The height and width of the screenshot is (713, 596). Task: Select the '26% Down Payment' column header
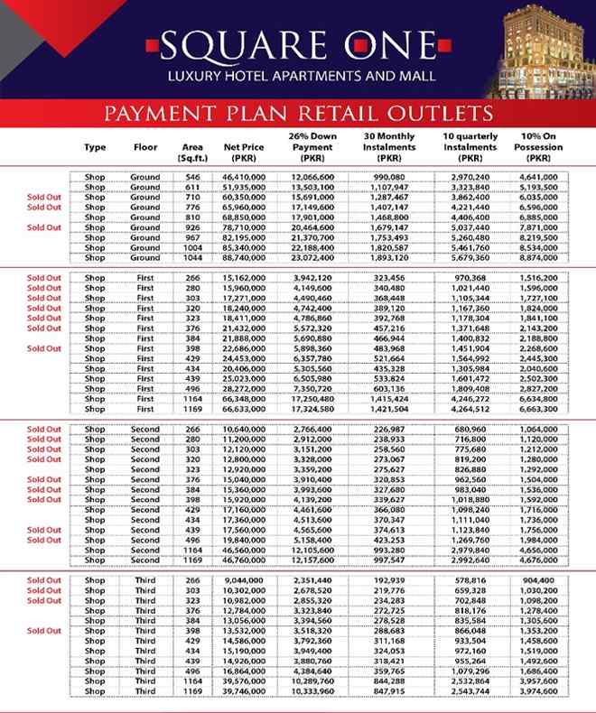312,146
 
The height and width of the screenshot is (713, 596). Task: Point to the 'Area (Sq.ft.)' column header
192,152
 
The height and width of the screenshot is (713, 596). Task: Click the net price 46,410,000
245,177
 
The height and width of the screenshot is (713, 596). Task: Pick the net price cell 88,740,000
245,256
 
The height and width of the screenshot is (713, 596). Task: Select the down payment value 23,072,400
312,256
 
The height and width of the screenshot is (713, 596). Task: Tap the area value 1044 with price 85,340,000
192,246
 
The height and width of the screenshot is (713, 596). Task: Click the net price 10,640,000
245,430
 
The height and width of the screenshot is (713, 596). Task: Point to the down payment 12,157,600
312,560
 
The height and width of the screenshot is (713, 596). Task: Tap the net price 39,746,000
245,691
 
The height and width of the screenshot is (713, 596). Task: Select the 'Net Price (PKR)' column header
245,152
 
